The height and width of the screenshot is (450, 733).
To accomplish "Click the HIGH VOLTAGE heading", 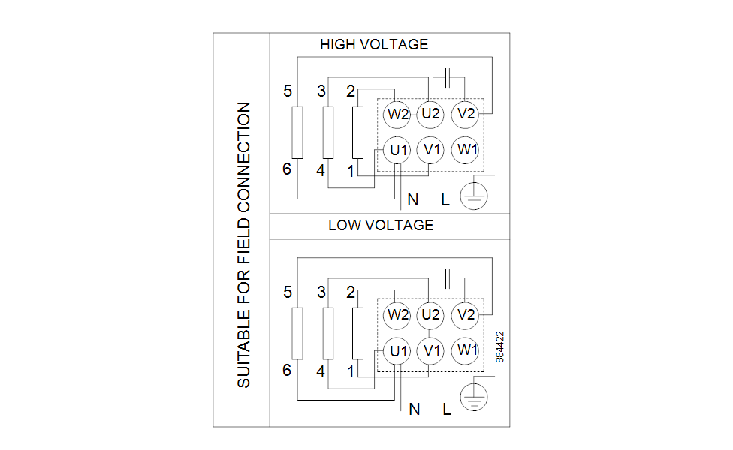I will tap(374, 45).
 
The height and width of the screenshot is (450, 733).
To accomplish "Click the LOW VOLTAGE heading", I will tap(381, 225).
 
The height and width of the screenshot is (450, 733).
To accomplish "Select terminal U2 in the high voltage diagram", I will tap(430, 115).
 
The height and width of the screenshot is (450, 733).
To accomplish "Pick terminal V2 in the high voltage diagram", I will tap(466, 115).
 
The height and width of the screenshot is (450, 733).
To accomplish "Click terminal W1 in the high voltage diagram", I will tap(466, 150).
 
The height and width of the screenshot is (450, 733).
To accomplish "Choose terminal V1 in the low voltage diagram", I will tap(430, 350).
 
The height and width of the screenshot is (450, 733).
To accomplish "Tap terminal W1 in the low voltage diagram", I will tap(466, 350).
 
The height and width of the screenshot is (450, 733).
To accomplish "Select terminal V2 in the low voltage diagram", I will tap(466, 315).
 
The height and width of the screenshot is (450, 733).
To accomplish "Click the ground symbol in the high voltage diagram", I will tap(474, 195).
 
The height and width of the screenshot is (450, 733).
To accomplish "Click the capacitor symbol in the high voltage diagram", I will tap(448, 76).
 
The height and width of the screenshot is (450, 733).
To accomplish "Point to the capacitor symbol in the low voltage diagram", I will tap(448, 277).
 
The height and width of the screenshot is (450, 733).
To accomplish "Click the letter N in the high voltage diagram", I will tap(413, 200).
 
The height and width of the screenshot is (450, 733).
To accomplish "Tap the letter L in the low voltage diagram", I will tap(447, 409).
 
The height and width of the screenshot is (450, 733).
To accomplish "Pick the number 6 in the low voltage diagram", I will tap(287, 370).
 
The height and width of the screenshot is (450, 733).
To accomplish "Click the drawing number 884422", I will tap(500, 347).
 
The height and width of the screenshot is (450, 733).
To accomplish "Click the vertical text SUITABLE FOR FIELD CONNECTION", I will tap(244, 245).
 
